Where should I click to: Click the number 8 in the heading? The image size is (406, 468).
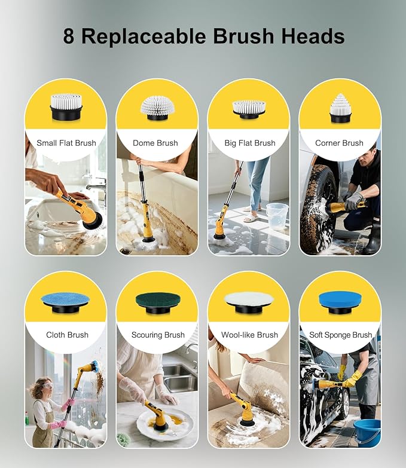(x=70, y=36)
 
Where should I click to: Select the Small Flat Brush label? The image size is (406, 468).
(x=66, y=143)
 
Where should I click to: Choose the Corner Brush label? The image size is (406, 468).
(x=340, y=143)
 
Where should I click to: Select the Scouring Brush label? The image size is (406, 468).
(x=157, y=335)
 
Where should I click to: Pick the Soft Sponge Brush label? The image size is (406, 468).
(x=340, y=335)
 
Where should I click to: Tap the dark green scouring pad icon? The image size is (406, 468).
(x=157, y=299)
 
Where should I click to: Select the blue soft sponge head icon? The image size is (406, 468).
(x=340, y=299)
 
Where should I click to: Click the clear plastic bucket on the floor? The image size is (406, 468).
(x=277, y=217)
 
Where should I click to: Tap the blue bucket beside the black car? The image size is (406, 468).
(x=366, y=433)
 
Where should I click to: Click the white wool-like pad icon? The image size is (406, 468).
(x=249, y=299)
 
